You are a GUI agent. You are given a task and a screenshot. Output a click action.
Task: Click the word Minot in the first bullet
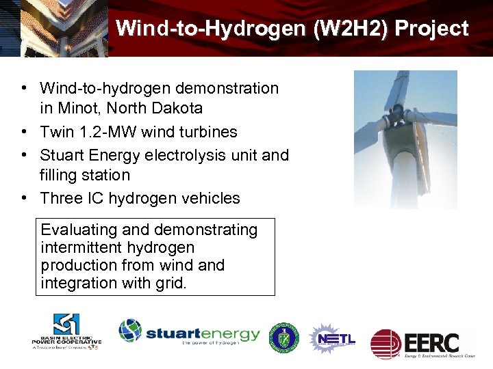[x=79, y=109]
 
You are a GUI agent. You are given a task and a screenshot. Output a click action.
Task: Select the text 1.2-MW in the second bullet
[x=103, y=132]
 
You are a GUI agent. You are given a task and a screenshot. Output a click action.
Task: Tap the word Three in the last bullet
[x=61, y=198]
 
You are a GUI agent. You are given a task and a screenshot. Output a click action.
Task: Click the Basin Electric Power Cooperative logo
[x=66, y=332]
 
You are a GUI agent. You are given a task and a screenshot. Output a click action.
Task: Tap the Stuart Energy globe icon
[x=130, y=331]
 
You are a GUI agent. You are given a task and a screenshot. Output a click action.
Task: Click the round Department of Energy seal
[x=283, y=338]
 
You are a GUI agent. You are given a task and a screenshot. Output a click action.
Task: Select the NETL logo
[x=333, y=338]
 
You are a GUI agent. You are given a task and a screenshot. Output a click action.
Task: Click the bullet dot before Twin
[x=25, y=132]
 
